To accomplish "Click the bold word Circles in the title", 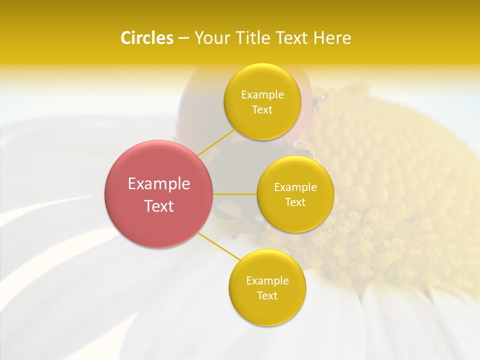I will coord(147,38).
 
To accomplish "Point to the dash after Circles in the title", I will coord(183,38).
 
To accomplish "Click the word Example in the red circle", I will coord(159,184).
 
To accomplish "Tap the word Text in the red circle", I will coord(159,206).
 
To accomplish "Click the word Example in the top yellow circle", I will coord(262,95).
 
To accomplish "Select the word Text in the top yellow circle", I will coord(262,110).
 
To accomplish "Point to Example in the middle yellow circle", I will coord(295,187).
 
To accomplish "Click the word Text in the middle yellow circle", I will coord(295,202).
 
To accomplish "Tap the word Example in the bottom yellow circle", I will coord(267,281).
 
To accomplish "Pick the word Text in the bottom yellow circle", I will coord(267,296).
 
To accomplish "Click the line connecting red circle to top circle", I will coord(216,142).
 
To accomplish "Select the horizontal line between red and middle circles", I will coord(235,194).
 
